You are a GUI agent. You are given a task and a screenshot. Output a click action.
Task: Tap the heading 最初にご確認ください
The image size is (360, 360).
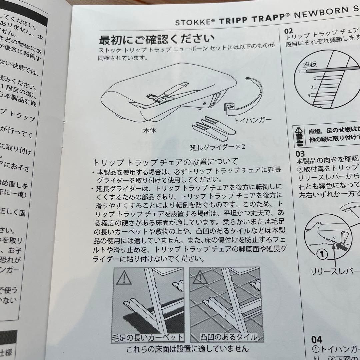pyautogui.click(x=157, y=40)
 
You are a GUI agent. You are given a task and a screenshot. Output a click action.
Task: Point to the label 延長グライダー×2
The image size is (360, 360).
pyautogui.click(x=218, y=146)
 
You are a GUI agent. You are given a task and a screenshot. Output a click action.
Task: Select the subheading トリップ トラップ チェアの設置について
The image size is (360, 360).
pyautogui.click(x=165, y=162)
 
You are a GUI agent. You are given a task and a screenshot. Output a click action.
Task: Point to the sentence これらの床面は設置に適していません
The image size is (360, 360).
pyautogui.click(x=187, y=349)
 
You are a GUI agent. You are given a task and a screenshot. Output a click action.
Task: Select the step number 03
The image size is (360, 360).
pyautogui.click(x=300, y=154)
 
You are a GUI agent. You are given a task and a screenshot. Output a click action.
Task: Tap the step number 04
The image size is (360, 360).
pyautogui.click(x=317, y=340)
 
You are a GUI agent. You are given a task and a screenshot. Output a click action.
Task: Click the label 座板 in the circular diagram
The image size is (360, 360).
pyautogui.click(x=310, y=64)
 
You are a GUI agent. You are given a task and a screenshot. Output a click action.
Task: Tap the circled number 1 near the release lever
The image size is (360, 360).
pyautogui.click(x=322, y=255)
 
